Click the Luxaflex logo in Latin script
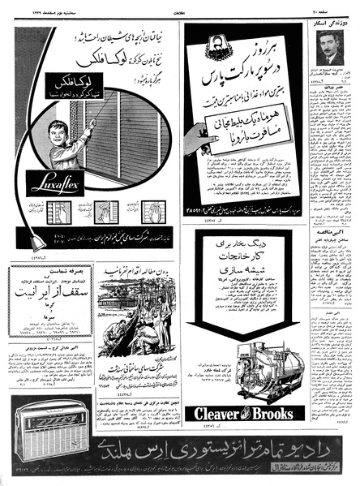point(54,183)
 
